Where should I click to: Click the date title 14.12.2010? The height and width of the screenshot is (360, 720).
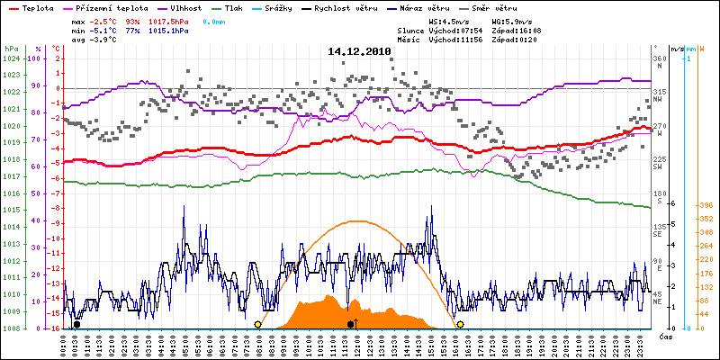(359, 52)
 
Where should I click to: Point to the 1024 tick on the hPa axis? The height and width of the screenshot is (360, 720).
(11, 58)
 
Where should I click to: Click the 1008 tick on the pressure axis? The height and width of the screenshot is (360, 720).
(11, 328)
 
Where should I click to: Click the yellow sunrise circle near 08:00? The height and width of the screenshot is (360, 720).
(258, 324)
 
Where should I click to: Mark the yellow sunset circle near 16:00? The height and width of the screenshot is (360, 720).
(460, 324)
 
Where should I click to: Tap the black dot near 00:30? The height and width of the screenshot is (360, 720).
(76, 324)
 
